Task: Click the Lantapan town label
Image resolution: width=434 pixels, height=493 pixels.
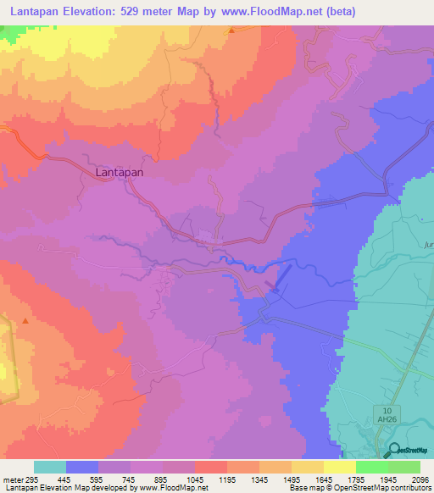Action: pos(119,171)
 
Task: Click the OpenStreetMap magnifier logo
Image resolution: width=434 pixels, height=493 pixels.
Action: pos(393,451)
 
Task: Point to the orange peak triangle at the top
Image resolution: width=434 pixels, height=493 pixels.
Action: pos(231,30)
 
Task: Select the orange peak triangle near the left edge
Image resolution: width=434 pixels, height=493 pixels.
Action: pos(26,321)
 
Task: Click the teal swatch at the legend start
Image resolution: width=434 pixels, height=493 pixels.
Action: pos(50,467)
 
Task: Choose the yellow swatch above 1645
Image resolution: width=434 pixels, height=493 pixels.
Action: pos(308,467)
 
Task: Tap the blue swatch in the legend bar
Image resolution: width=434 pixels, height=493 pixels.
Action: pos(82,467)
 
